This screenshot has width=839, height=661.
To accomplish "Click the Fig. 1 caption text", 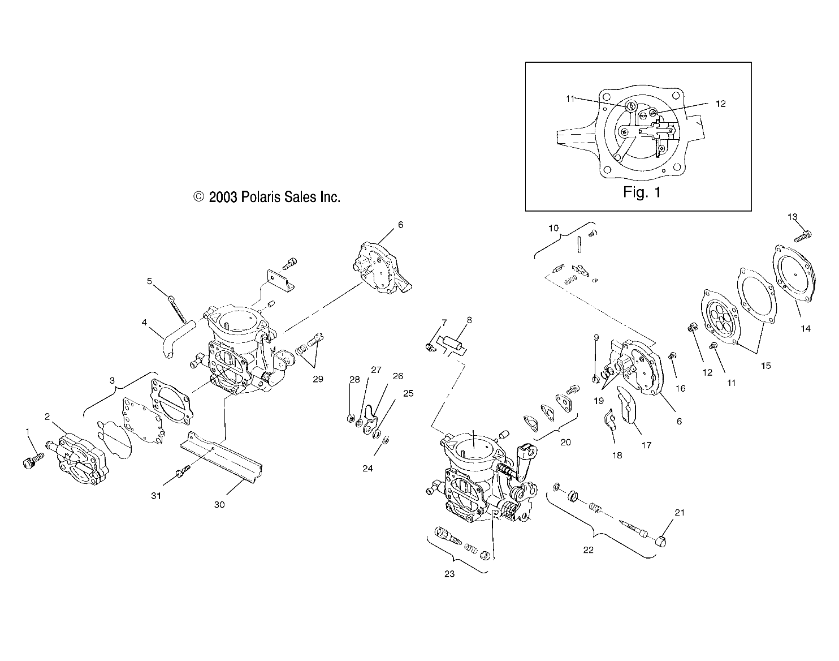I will tap(642, 192).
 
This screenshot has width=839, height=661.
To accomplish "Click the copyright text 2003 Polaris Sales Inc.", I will tap(267, 197).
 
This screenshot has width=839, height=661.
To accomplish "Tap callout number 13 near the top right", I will tap(792, 217).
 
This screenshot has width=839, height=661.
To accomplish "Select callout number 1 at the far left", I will tap(27, 432).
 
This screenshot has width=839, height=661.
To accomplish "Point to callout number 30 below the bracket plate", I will tap(219, 504).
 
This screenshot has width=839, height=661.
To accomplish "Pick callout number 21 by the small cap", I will tap(680, 513).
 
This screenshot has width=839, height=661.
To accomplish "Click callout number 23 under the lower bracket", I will tap(449, 574).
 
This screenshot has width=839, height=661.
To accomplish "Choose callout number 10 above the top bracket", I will tap(553, 228).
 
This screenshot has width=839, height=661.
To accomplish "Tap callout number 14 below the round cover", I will tap(806, 328).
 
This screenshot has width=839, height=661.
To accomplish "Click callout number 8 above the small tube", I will tap(469, 320).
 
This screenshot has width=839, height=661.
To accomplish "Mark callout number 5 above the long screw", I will tap(150, 281).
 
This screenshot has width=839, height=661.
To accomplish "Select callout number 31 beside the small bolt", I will tap(156, 496).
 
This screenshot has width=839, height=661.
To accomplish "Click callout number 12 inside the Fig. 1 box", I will tap(720, 104).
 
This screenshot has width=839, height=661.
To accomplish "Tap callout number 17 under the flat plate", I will tap(647, 445).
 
